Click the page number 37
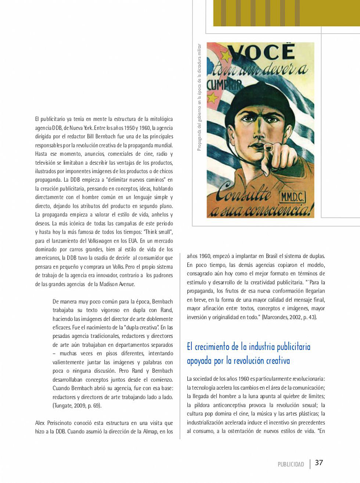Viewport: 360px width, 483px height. coord(319,462)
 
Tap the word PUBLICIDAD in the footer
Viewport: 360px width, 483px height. coord(291,464)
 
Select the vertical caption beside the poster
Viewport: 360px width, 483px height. coord(199,97)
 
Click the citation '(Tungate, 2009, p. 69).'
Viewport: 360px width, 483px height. coord(77,406)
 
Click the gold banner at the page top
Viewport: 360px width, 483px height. coord(287,13)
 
